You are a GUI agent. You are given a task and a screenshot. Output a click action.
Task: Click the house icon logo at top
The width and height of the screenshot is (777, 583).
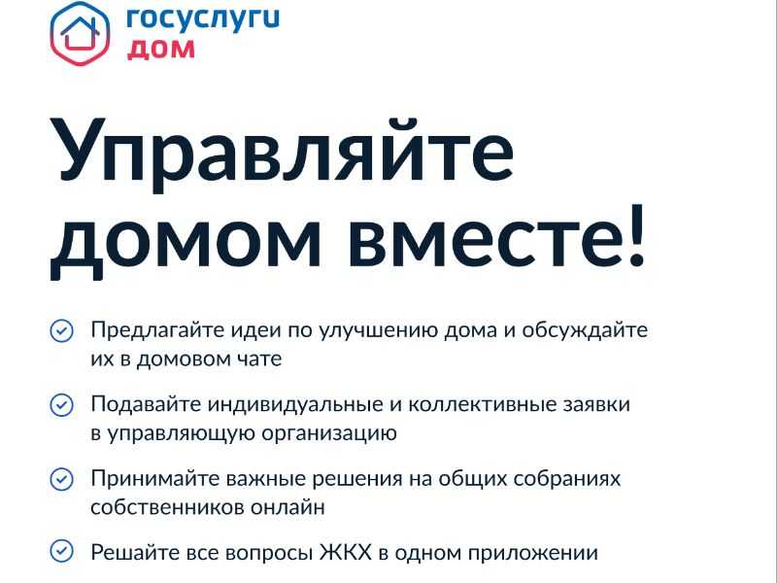click(x=80, y=33)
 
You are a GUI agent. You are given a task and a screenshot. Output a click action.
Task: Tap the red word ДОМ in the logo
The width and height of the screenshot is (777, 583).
click(x=161, y=50)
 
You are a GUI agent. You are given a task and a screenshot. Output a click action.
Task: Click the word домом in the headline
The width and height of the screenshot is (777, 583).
click(x=186, y=241)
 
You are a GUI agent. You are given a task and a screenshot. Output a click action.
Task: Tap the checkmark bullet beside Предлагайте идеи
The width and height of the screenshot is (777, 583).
click(x=62, y=330)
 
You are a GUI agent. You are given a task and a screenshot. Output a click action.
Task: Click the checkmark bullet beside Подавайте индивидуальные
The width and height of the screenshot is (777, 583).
click(x=62, y=405)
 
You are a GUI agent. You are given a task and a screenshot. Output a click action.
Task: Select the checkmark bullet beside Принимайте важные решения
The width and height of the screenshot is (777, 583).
click(x=62, y=479)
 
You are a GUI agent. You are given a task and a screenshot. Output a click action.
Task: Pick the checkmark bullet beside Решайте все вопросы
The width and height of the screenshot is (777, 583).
click(x=62, y=551)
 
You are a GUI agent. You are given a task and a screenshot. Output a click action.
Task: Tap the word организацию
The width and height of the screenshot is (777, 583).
click(x=329, y=434)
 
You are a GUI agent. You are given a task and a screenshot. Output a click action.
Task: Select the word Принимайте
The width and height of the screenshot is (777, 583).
click(x=155, y=479)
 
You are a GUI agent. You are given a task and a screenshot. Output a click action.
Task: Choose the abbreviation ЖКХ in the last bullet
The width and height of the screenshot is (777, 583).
click(x=346, y=552)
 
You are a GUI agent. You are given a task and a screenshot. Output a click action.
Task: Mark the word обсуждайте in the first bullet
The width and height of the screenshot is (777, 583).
click(x=585, y=330)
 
